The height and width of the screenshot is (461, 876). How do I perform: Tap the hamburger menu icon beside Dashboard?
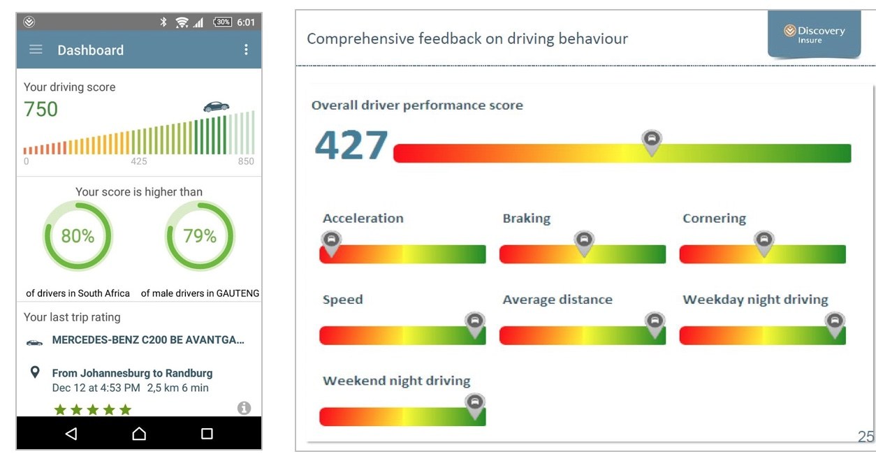36,50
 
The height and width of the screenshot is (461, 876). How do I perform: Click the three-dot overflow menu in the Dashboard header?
246,50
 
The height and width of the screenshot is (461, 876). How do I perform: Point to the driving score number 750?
41,109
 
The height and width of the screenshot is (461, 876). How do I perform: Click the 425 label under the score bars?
139,161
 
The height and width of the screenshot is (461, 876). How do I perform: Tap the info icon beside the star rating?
244,408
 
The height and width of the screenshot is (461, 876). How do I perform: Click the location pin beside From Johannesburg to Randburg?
35,372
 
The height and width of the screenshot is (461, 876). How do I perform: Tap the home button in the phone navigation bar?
139,433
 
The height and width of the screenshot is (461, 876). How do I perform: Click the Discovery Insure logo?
815,34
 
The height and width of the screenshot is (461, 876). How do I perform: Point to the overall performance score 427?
351,145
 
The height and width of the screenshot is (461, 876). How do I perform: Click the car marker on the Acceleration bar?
331,243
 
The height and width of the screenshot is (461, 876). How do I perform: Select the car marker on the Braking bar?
584,243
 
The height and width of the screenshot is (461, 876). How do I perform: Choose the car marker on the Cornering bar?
764,243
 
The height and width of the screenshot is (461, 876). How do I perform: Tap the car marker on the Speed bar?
475,325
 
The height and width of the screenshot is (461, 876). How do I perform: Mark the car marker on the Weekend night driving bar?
475,406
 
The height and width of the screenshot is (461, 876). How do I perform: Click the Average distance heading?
557,300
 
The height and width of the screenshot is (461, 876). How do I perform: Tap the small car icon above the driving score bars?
217,106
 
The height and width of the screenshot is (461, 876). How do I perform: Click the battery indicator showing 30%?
223,22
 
